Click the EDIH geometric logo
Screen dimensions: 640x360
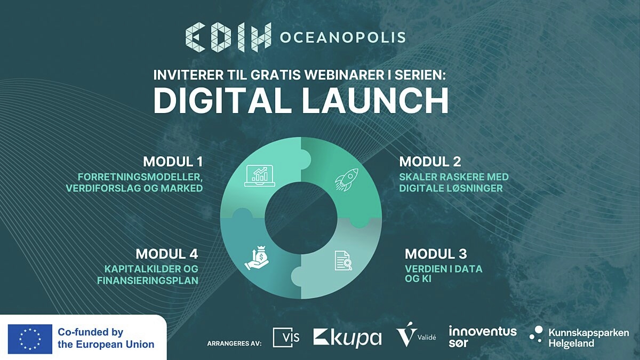228,37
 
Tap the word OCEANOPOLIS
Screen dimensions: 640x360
343,37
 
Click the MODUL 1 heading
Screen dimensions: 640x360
173,162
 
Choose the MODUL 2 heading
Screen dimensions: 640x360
430,162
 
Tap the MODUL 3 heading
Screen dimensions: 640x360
436,254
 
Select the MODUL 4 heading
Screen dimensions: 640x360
167,254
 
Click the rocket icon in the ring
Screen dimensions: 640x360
347,179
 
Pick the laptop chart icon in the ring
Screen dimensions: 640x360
260,175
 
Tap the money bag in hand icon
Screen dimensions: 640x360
257,258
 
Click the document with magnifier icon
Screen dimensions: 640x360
343,260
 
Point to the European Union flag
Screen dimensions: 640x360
30,339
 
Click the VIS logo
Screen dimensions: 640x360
286,338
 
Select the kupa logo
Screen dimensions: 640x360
347,338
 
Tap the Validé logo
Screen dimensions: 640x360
416,334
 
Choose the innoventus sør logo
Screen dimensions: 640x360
483,337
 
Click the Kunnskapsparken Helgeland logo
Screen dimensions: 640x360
579,337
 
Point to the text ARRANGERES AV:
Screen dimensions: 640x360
234,343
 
